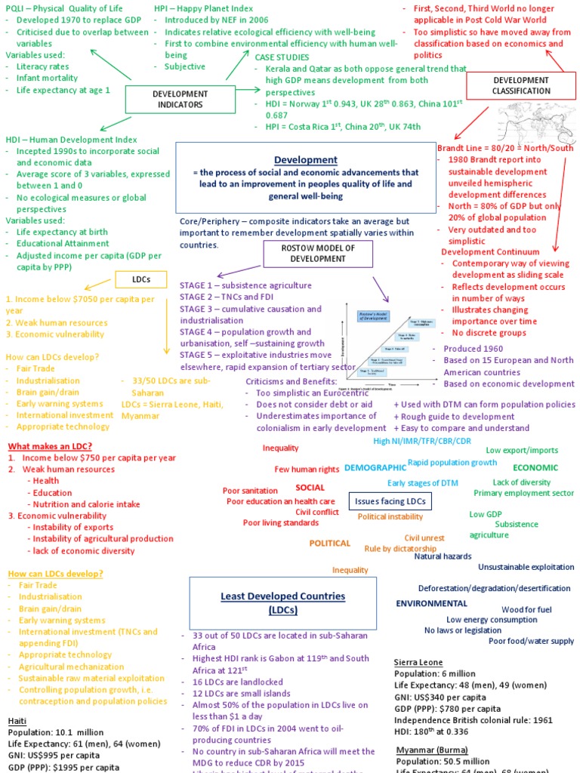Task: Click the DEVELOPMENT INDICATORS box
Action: click(178, 99)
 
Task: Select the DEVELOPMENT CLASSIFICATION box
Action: click(522, 85)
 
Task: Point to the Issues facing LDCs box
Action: click(390, 501)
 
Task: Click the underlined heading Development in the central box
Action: click(305, 160)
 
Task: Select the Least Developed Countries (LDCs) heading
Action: click(282, 602)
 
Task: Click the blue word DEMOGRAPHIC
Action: click(375, 468)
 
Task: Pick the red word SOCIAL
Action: click(310, 487)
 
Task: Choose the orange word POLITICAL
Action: click(330, 543)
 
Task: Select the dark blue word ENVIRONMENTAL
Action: click(432, 603)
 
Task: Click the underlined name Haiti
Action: click(17, 721)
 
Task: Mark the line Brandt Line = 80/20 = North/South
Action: click(505, 148)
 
